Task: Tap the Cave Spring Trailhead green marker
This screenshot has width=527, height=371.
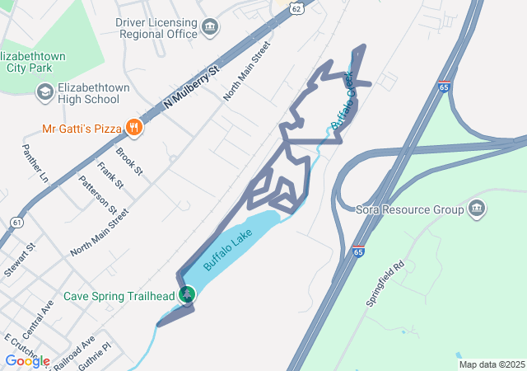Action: tap(189, 294)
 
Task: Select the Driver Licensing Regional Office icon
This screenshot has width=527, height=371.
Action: tap(210, 28)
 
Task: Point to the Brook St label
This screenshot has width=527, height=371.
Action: tap(129, 162)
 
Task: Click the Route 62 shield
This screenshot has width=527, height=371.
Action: tap(296, 6)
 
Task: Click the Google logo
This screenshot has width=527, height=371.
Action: tap(26, 360)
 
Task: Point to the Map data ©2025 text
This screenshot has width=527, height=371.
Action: tap(492, 364)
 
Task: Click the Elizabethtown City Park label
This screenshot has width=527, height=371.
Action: tap(45, 61)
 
